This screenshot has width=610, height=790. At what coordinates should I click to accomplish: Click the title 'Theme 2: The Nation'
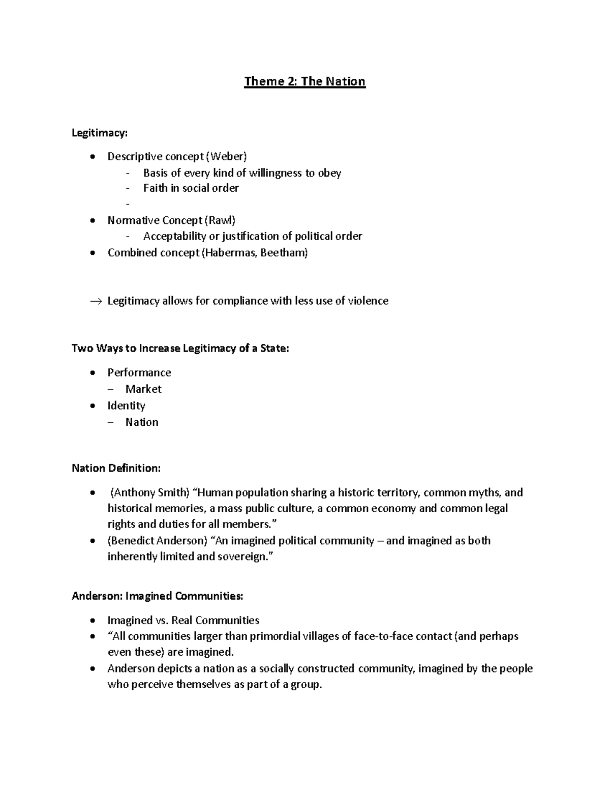pyautogui.click(x=304, y=82)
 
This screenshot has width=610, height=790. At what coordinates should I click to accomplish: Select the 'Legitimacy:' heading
pyautogui.click(x=100, y=133)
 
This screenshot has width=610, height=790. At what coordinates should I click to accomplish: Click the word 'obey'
pyautogui.click(x=329, y=173)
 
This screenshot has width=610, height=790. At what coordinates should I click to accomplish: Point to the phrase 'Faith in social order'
pyautogui.click(x=191, y=188)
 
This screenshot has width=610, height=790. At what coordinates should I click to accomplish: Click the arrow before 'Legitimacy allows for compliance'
pyautogui.click(x=96, y=301)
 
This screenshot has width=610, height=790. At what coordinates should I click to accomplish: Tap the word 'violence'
pyautogui.click(x=368, y=301)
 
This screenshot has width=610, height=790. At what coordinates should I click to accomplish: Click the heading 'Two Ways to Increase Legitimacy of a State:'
pyautogui.click(x=180, y=348)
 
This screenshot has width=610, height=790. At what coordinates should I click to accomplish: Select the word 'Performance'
pyautogui.click(x=139, y=373)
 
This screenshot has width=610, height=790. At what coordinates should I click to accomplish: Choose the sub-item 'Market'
pyautogui.click(x=143, y=389)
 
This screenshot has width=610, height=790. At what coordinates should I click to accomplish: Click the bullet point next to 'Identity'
pyautogui.click(x=91, y=406)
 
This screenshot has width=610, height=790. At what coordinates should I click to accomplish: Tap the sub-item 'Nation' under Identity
pyautogui.click(x=142, y=422)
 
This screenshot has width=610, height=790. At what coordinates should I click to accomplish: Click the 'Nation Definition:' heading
pyautogui.click(x=116, y=469)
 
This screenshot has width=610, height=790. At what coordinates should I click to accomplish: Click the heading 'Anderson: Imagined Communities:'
pyautogui.click(x=157, y=596)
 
